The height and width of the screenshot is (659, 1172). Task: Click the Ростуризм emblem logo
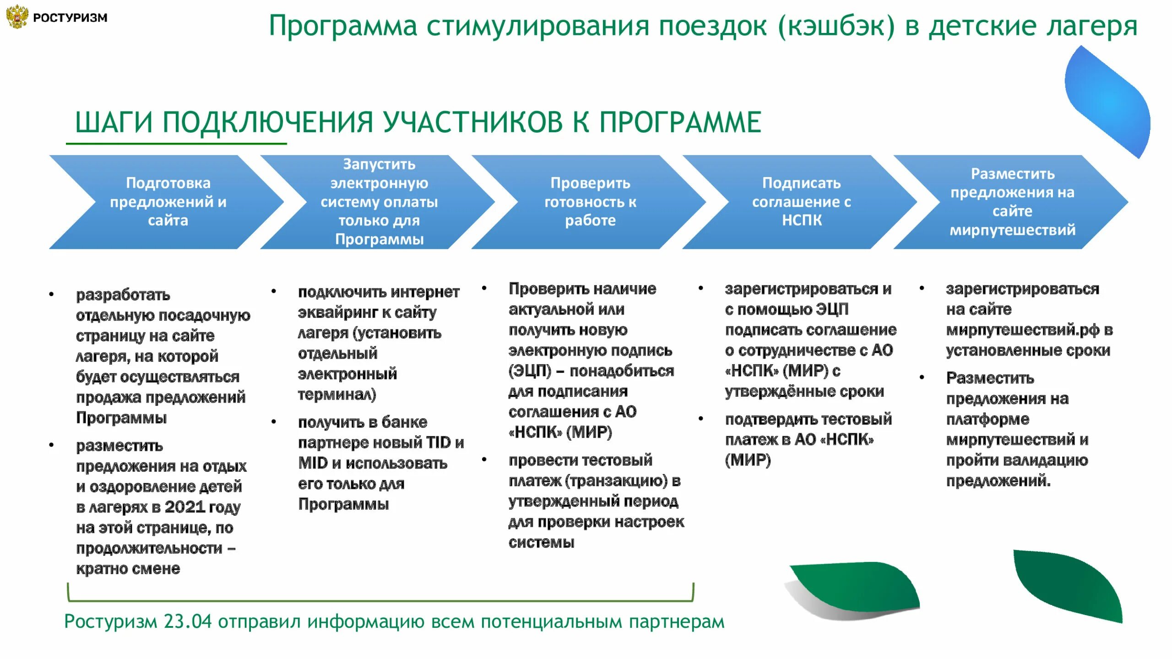pyautogui.click(x=17, y=17)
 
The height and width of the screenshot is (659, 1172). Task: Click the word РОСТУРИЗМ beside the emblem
pyautogui.click(x=70, y=18)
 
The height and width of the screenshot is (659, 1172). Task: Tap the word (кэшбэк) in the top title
pyautogui.click(x=836, y=27)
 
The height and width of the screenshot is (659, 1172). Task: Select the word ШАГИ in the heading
pyautogui.click(x=113, y=123)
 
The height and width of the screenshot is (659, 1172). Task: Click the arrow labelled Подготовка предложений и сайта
pyautogui.click(x=168, y=202)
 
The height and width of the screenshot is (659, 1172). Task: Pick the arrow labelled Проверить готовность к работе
pyautogui.click(x=590, y=202)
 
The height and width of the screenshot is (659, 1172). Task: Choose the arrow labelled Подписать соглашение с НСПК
pyautogui.click(x=801, y=202)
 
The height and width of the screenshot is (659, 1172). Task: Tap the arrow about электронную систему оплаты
pyautogui.click(x=379, y=202)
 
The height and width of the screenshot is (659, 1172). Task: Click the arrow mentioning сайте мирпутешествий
pyautogui.click(x=1012, y=202)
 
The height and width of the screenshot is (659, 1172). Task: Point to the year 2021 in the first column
pyautogui.click(x=184, y=507)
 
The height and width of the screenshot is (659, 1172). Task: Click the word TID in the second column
pyautogui.click(x=438, y=443)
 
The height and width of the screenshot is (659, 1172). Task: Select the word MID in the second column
pyautogui.click(x=313, y=463)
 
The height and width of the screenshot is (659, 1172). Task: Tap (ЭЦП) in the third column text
pyautogui.click(x=530, y=371)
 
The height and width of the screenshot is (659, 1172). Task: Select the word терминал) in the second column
pyautogui.click(x=336, y=394)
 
